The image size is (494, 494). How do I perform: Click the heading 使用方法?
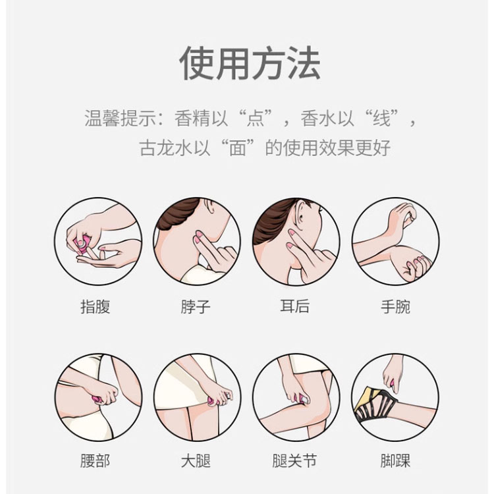pos(250,63)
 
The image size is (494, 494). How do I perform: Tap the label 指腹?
pos(95,306)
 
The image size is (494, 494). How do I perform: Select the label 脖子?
pos(196,306)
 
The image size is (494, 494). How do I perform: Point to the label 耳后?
pos(295,306)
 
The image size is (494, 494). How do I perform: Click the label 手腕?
pos(395,306)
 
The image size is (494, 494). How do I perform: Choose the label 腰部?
pos(95,461)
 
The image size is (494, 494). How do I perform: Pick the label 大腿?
pos(196,461)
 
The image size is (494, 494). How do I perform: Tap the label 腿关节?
pos(295,461)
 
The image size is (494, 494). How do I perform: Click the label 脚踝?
pos(395,461)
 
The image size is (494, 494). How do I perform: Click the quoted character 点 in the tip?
pos(255,119)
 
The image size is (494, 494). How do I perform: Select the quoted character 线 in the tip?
pos(381,119)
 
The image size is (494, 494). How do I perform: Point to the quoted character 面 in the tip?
pos(238,148)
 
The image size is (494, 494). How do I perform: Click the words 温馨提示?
pos(120,119)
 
